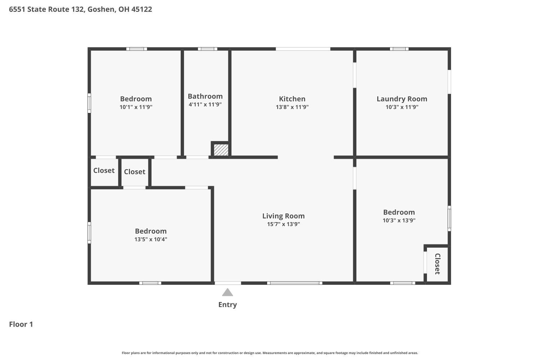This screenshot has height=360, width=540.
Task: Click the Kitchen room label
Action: tap(292, 99)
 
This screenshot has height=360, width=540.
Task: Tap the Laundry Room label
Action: tap(402, 99)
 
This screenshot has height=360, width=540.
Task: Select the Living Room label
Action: tap(284, 216)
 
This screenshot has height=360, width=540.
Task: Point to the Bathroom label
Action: tap(205, 96)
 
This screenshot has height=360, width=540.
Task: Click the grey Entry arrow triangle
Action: tap(227, 292)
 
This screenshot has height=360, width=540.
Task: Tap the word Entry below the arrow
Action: tap(228, 305)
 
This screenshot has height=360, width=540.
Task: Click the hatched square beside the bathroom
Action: tap(221, 150)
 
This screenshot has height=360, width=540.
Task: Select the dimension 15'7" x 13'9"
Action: tap(284, 224)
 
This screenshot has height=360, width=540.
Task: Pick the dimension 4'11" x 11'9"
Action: tap(205, 104)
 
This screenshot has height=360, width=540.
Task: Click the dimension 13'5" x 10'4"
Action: tap(151, 239)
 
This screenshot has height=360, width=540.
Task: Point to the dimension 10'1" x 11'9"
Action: tap(136, 107)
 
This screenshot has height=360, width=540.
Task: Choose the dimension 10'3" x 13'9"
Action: tap(399, 220)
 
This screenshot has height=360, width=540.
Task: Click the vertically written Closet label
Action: tap(437, 264)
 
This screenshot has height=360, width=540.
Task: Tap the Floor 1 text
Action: tap(21, 324)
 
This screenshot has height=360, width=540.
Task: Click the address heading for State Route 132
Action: tap(81, 9)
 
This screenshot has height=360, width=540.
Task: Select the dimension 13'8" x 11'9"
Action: tap(292, 107)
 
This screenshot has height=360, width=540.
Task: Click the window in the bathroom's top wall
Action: tap(208, 49)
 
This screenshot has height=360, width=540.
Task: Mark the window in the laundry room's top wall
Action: tap(399, 49)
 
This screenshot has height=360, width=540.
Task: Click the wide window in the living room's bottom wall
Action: tap(294, 283)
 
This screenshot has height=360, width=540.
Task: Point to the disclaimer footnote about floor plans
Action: tap(270, 353)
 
